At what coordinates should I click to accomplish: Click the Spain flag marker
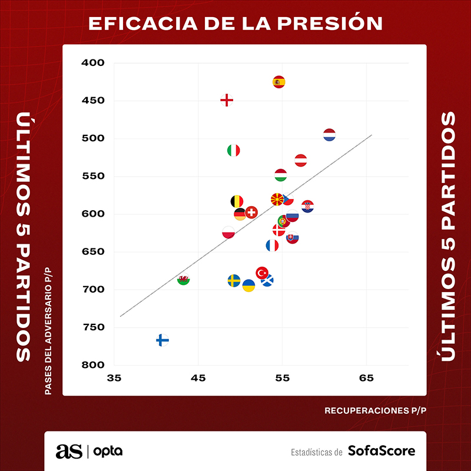click(x=279, y=82)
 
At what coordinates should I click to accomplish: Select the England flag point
click(x=227, y=100)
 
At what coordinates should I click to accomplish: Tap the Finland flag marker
click(x=162, y=340)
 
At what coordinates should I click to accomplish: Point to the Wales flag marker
click(x=184, y=279)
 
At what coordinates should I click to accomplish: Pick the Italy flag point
click(x=234, y=150)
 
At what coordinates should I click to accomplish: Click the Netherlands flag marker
click(x=329, y=135)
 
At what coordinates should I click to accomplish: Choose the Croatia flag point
click(x=307, y=207)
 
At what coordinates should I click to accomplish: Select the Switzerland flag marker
click(x=251, y=212)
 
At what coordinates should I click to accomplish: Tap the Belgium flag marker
click(x=237, y=201)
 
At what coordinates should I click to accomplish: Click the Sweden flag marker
click(x=234, y=280)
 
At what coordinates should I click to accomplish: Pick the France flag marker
click(x=272, y=246)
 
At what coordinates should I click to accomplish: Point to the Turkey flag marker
click(x=262, y=273)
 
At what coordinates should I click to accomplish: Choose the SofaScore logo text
click(x=382, y=452)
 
